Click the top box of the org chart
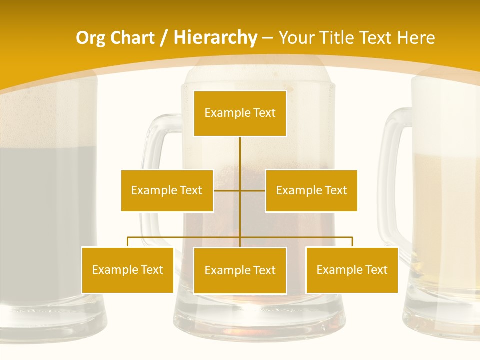240,113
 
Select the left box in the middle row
167,190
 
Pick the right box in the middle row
311,190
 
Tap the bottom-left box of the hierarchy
127,270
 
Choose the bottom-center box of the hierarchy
240,270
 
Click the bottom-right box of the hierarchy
352,270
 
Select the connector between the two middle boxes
240,190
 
